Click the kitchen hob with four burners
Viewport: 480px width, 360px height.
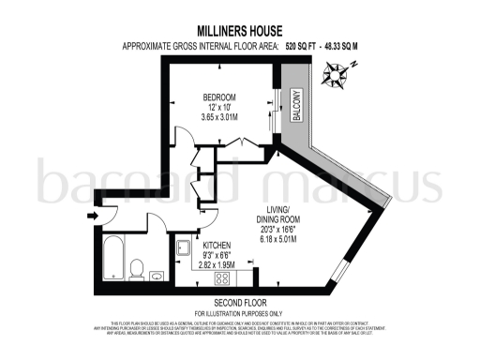[x=224, y=278]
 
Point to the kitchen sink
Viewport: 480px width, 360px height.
[x=184, y=248]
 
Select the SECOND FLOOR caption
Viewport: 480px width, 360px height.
[x=240, y=304]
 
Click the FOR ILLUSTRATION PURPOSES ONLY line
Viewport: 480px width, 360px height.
[x=240, y=312]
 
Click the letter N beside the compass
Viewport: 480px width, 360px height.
[x=355, y=64]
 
